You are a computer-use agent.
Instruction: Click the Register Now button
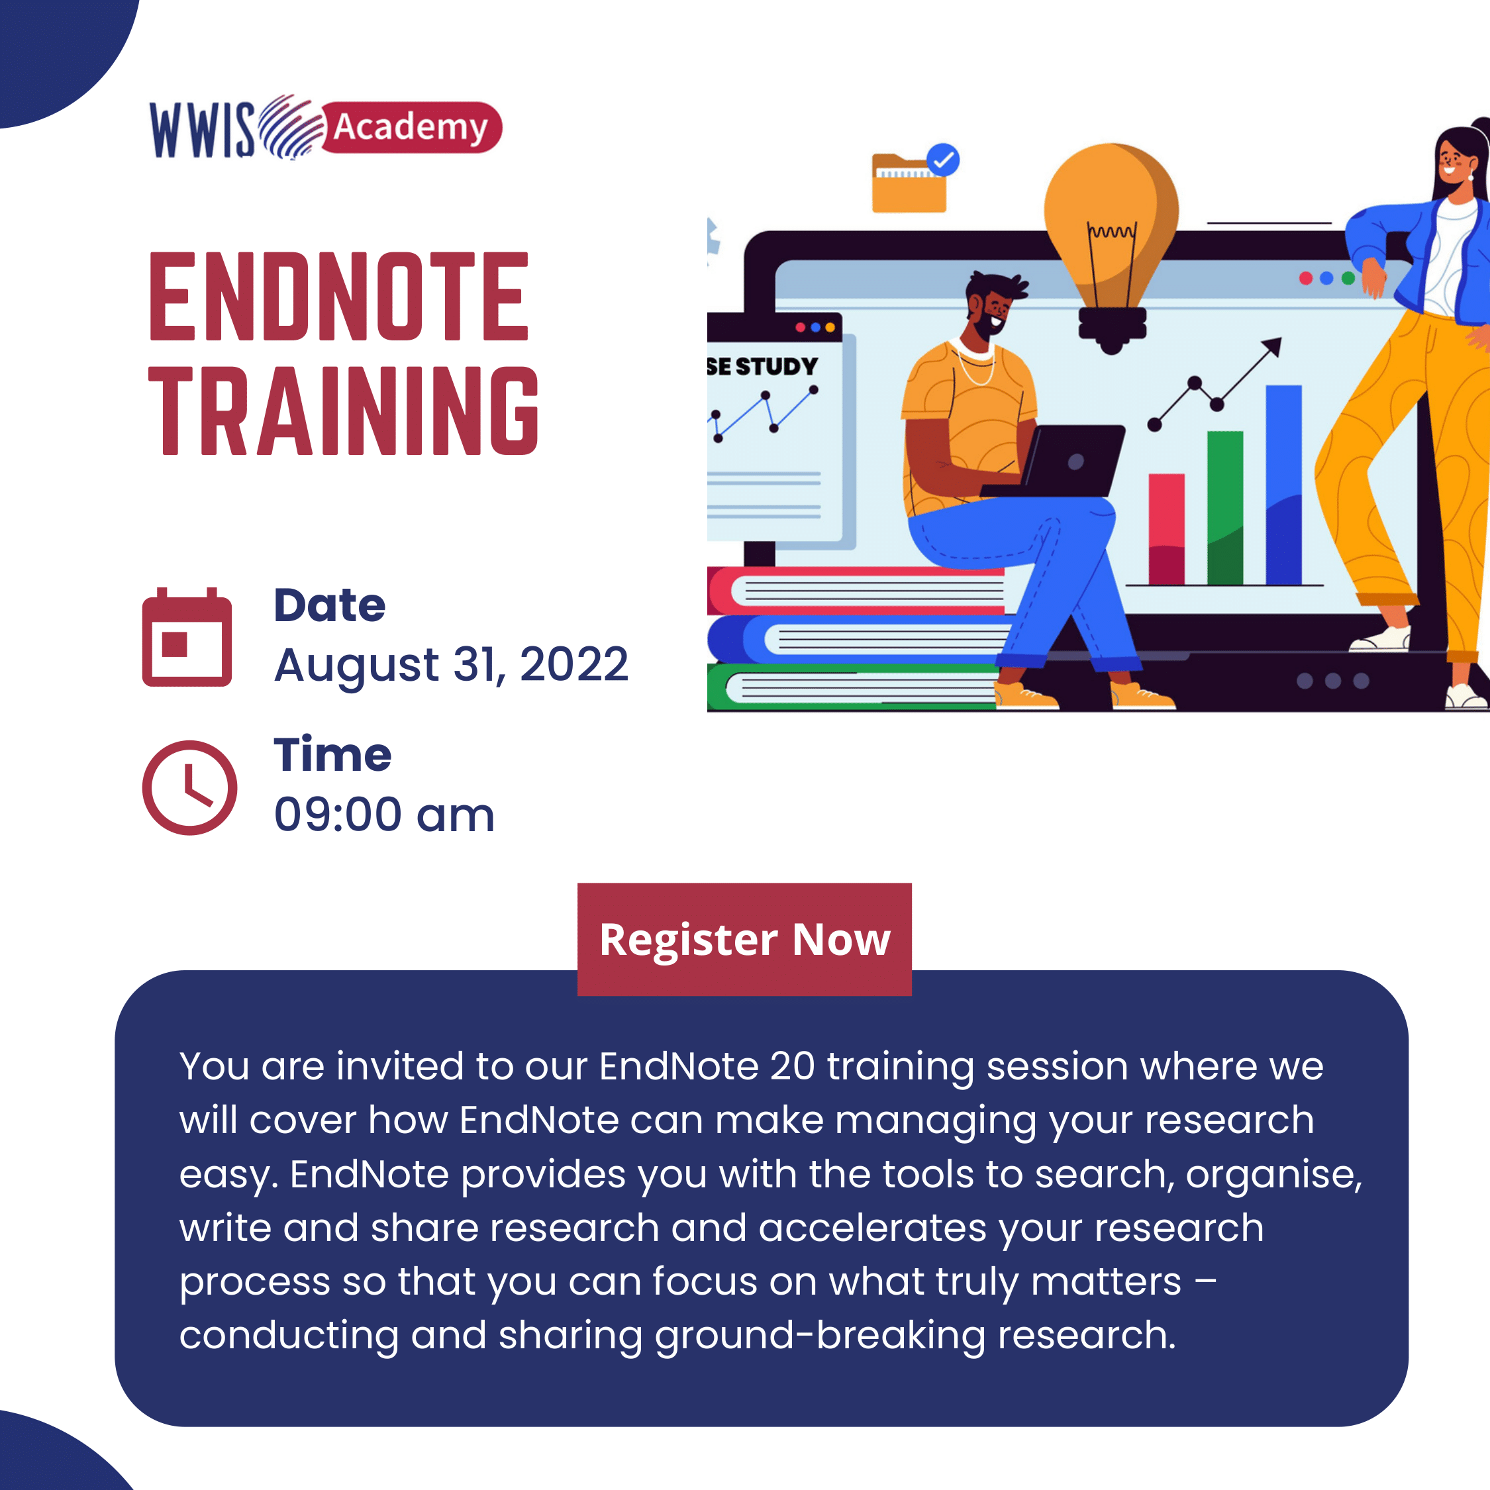coord(744,939)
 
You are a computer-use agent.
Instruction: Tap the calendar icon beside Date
coord(187,637)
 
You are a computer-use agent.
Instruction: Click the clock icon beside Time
coord(189,787)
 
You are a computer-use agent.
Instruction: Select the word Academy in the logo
coord(411,127)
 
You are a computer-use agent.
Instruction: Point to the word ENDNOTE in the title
coord(339,296)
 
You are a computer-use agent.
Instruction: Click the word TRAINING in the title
coord(344,411)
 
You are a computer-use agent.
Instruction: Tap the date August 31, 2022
coord(451,665)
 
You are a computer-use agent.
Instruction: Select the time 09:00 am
coord(384,815)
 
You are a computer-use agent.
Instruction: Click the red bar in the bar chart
coord(1166,529)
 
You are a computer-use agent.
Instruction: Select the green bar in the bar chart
coord(1224,507)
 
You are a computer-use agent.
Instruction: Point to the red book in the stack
coord(856,591)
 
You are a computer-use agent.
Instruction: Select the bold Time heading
coord(332,754)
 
